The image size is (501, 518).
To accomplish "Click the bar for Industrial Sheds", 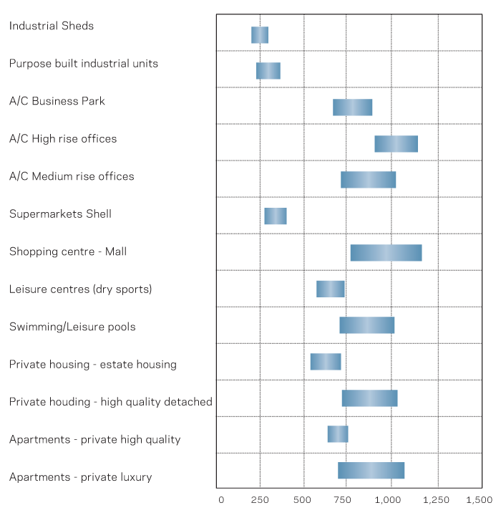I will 260,35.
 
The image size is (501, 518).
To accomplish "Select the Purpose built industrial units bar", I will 268,71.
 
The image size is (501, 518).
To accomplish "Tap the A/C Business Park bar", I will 352,107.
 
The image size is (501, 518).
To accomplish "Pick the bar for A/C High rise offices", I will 396,143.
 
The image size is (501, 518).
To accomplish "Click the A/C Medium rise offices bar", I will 368,180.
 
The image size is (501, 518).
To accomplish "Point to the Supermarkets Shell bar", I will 276,216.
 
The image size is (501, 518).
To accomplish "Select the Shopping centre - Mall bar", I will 386,253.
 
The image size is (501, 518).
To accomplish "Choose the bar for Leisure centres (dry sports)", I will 331,289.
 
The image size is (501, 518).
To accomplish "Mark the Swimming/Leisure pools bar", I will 366,325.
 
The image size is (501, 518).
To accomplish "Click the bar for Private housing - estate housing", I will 326,362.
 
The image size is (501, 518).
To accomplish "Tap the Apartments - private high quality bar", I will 338,434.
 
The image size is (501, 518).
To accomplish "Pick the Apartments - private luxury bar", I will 371,471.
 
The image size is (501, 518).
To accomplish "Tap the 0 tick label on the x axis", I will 220,499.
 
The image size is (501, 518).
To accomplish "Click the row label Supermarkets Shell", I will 60,214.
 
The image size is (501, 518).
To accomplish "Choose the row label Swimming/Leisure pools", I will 72,327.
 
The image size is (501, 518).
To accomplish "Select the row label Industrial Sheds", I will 52,26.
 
